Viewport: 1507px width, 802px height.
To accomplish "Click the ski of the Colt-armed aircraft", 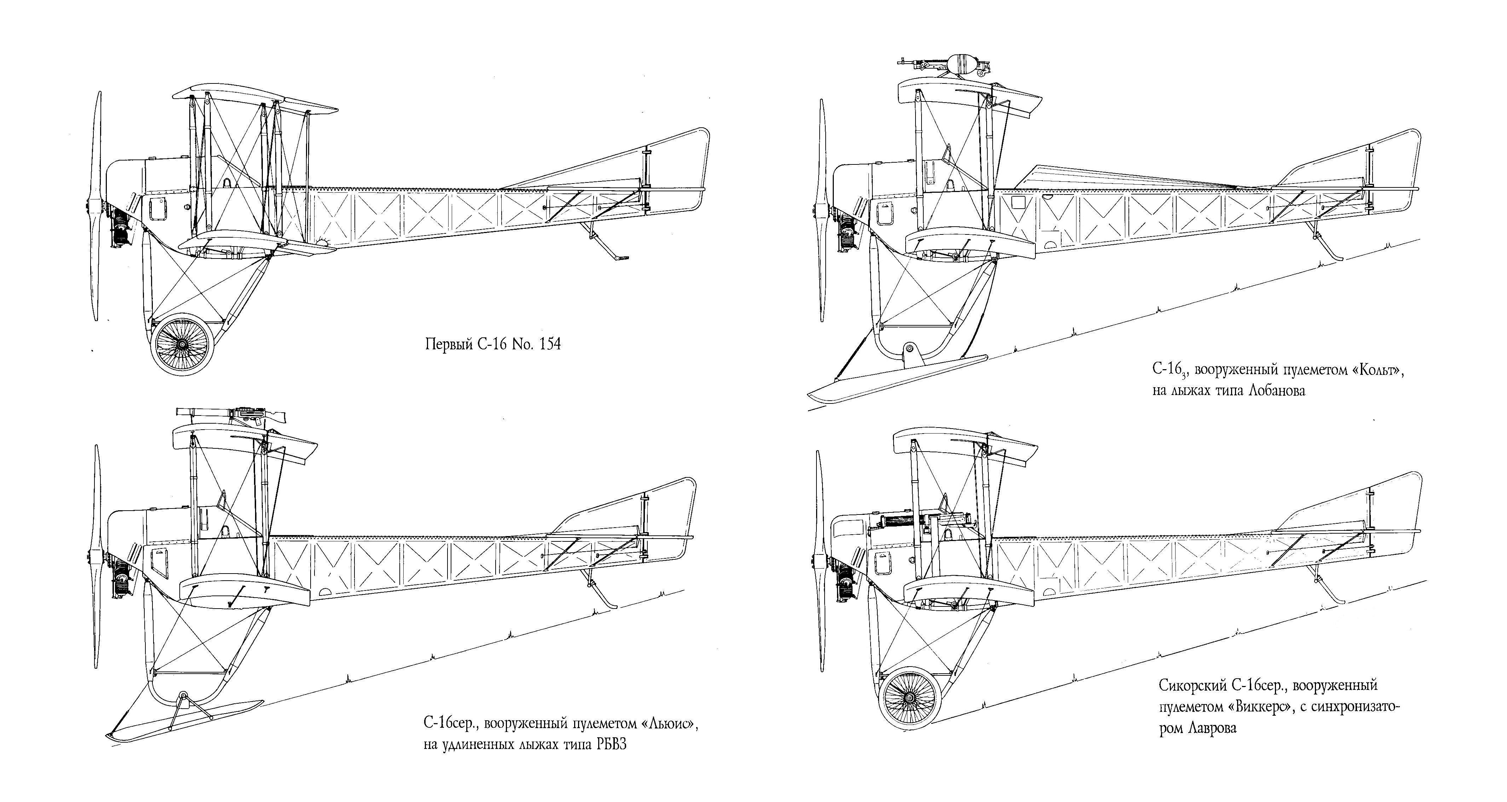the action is coord(898,379).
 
